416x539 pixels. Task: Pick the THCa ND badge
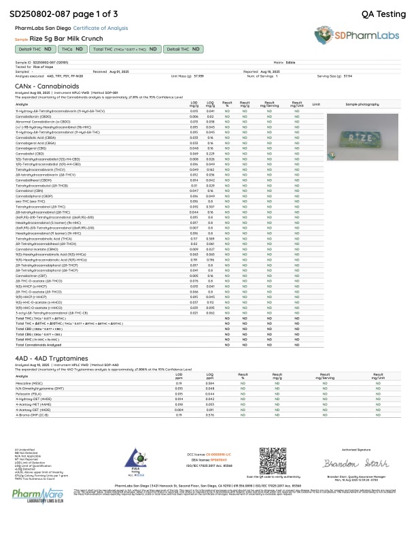click(72, 49)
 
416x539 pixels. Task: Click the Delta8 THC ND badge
click(184, 49)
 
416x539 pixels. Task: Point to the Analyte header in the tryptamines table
click(22, 376)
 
